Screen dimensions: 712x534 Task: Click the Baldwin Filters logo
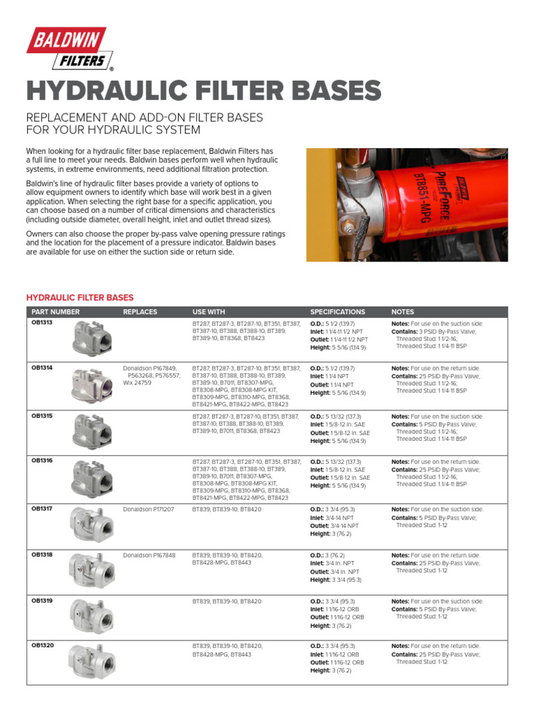coord(67,49)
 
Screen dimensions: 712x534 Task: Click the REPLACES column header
coord(140,312)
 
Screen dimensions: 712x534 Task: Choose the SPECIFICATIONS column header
coord(337,312)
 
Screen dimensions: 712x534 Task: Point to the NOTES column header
coord(403,312)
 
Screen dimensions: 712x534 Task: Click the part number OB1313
coord(42,323)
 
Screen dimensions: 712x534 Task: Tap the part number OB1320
coord(42,646)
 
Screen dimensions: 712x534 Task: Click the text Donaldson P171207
coord(148,510)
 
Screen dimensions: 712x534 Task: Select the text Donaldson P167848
coord(149,556)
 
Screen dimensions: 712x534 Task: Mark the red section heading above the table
coord(80,297)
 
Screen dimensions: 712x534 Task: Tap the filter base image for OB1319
coord(90,615)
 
